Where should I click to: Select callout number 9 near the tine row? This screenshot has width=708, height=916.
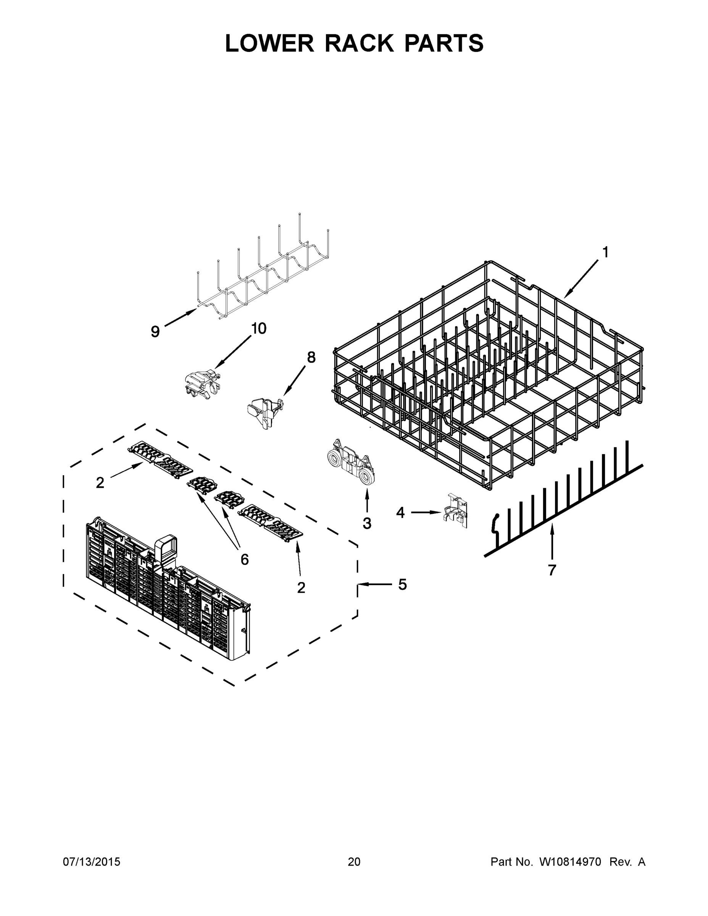155,332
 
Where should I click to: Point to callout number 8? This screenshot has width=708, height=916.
311,357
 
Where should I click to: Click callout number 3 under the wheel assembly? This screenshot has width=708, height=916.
367,523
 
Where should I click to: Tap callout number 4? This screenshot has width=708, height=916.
400,512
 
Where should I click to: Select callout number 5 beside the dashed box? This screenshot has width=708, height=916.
402,584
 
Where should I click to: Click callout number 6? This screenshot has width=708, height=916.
245,559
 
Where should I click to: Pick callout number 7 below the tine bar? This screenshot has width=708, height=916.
552,570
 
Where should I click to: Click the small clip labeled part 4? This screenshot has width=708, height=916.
455,510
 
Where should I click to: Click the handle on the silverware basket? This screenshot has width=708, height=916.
166,548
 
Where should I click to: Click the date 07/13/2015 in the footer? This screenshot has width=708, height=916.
92,862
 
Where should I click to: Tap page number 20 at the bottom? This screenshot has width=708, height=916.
354,862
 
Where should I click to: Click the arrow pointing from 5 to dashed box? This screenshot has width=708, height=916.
373,584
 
